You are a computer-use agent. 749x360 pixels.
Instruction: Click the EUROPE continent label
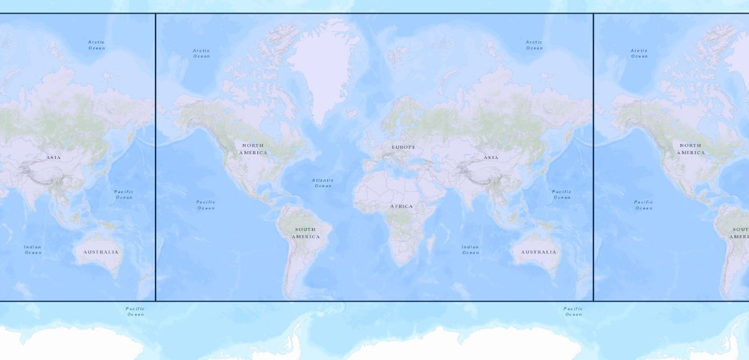tap(403, 147)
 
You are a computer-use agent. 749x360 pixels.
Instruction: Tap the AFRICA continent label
tap(402, 206)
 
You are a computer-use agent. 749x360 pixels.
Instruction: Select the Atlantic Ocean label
tap(323, 183)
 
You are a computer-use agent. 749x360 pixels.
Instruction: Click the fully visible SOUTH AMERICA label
tap(305, 233)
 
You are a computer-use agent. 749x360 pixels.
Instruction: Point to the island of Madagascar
tap(430, 242)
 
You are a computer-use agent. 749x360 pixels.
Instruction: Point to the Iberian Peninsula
tap(368, 163)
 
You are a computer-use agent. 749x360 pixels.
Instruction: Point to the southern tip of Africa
tap(399, 264)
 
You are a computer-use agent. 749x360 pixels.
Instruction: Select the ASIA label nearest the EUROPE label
tap(491, 158)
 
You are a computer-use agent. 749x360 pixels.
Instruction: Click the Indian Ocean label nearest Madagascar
tap(471, 250)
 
